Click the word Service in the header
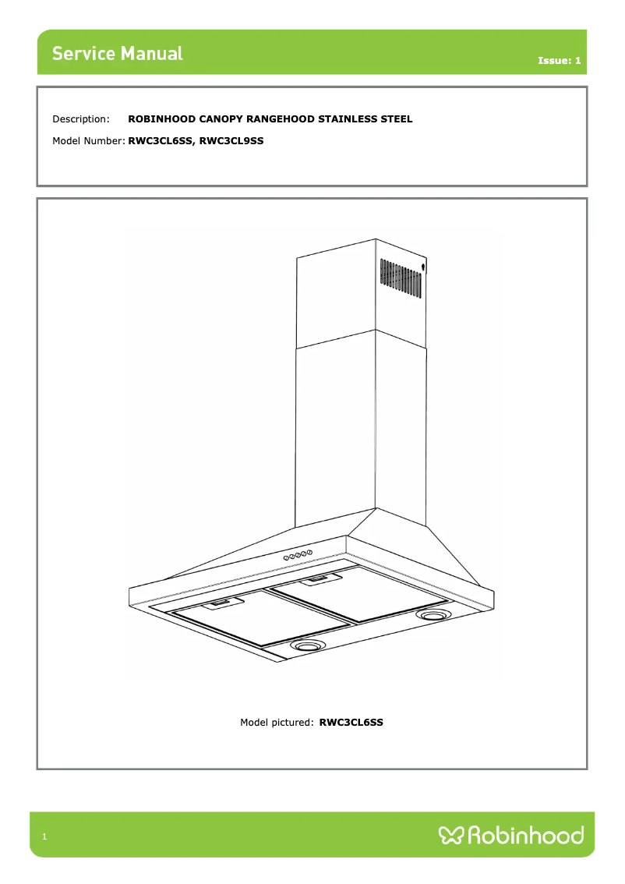click(x=83, y=54)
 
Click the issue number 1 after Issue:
click(x=577, y=61)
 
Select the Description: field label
click(x=81, y=119)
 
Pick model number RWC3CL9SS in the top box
click(x=231, y=141)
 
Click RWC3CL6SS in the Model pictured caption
click(x=351, y=723)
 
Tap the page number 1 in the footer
click(x=45, y=837)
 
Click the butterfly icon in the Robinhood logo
click(x=451, y=836)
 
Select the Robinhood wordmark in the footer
click(x=525, y=836)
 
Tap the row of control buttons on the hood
click(x=298, y=555)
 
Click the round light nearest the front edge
click(x=309, y=646)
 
